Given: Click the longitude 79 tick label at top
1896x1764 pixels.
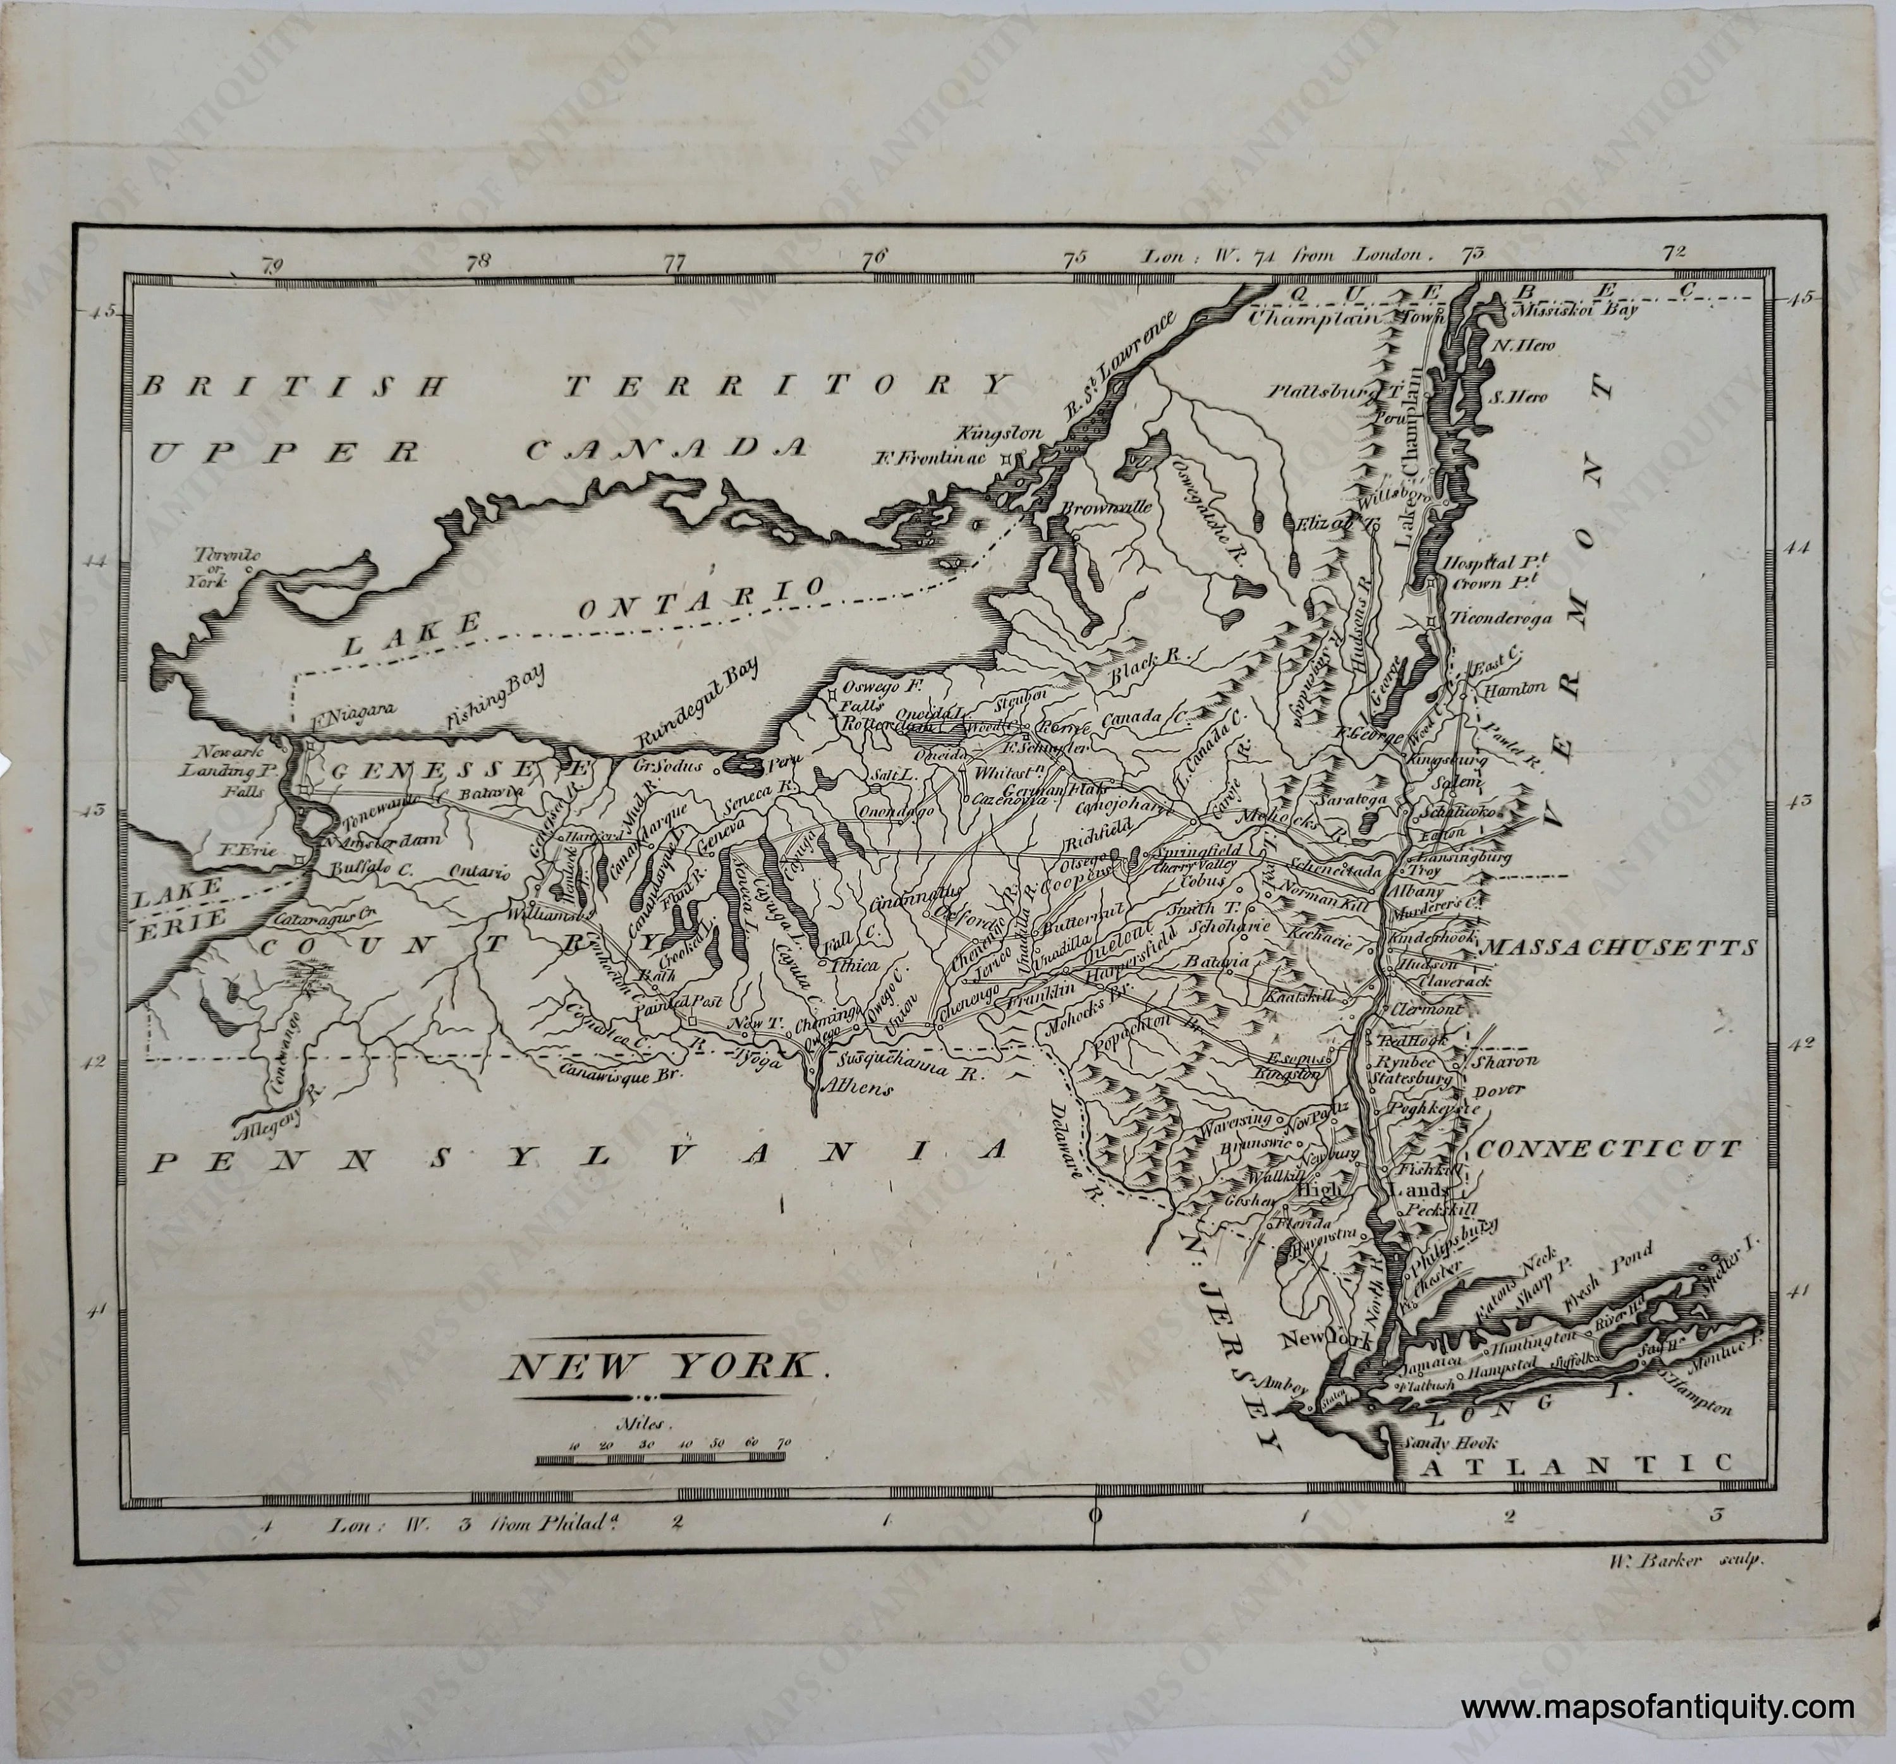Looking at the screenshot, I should pyautogui.click(x=273, y=265).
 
